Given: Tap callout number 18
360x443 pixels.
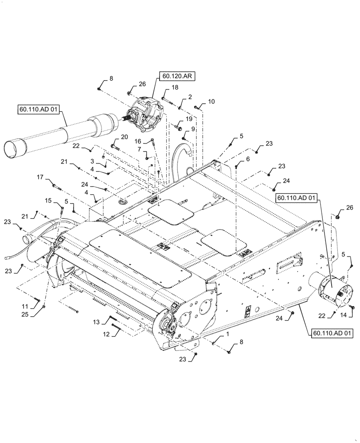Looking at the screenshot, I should point(175,89).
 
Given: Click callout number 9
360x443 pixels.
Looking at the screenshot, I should point(193,129).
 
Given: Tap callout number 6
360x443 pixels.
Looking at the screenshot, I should point(247,159).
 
